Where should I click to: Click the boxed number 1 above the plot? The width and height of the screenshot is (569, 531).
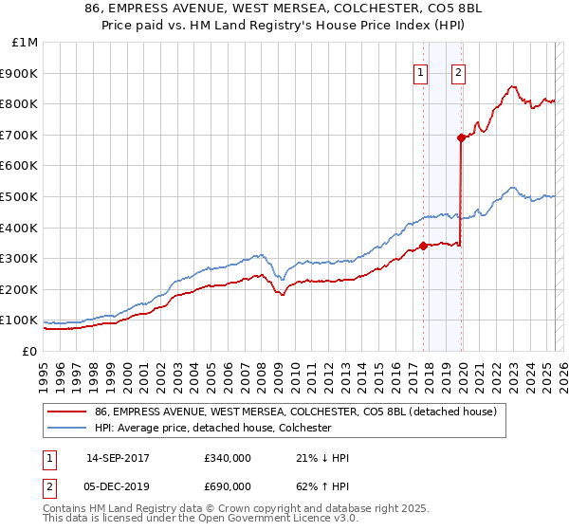(420, 72)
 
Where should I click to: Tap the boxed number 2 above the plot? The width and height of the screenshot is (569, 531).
(458, 72)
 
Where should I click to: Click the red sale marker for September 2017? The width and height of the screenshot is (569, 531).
(423, 246)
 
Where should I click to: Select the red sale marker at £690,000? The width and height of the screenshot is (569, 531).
(461, 137)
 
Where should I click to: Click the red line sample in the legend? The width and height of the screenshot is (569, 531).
(67, 412)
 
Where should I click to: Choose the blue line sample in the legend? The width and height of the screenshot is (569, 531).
(67, 428)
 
